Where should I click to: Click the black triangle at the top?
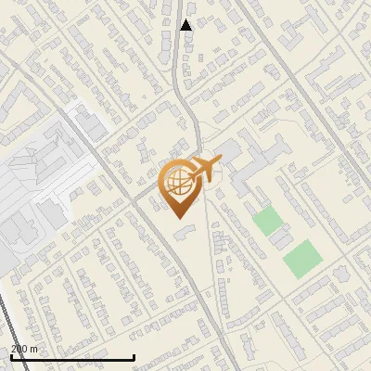(x=186, y=25)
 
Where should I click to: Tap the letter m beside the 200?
(x=34, y=349)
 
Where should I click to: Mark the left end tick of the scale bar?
(x=11, y=357)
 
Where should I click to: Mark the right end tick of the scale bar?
(x=134, y=357)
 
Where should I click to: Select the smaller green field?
(x=267, y=222)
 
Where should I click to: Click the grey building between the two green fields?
(x=280, y=240)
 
